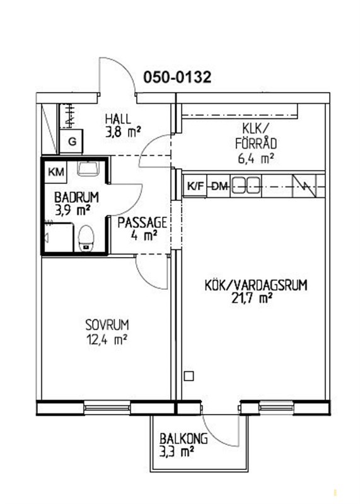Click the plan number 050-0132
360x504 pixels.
coord(177,77)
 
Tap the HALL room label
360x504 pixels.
coord(118,119)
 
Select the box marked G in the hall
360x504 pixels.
coord(72,142)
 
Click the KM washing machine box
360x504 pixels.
coord(56,172)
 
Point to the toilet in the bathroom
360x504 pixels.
coord(86,238)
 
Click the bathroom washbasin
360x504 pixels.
coord(88,168)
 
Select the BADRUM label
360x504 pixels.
coord(76,197)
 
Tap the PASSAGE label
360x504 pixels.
coord(142,222)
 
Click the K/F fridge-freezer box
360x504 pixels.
coord(196,185)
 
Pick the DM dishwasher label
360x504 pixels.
coord(220,186)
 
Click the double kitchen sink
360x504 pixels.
coord(247,185)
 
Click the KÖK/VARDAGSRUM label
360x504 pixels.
coord(256,285)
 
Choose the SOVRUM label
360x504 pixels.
coord(107,324)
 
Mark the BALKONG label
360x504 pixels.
coord(183,438)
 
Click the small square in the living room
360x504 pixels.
coord(189,375)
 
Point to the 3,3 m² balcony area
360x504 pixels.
coord(177,452)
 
